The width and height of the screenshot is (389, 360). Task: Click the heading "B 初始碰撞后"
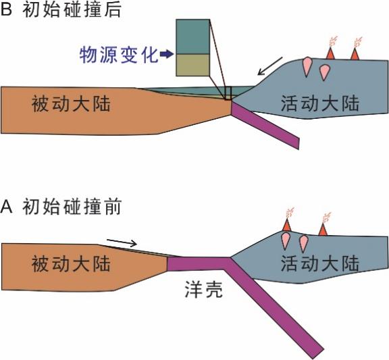[61, 10]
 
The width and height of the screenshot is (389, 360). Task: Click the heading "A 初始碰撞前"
[61, 207]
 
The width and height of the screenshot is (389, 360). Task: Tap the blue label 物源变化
[119, 55]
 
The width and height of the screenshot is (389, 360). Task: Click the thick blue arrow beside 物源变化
[167, 54]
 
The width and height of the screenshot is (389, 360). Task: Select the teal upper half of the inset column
[192, 36]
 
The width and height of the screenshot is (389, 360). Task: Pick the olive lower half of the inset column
[192, 65]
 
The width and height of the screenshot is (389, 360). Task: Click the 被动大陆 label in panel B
[71, 104]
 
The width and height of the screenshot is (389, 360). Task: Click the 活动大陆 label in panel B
[320, 103]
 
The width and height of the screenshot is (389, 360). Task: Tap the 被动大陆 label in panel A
[71, 263]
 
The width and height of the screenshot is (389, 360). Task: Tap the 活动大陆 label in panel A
[320, 263]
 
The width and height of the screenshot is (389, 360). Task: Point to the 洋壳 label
[204, 290]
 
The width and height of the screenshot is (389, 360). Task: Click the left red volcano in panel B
[330, 54]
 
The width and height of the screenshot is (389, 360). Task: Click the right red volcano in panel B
[355, 54]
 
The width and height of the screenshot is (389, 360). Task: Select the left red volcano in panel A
[287, 225]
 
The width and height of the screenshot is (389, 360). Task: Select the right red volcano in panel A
[323, 229]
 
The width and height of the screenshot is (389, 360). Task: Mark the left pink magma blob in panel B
[307, 66]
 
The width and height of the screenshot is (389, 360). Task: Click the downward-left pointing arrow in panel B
[270, 66]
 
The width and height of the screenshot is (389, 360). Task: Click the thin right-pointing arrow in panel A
[122, 242]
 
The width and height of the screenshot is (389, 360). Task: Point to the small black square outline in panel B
[228, 93]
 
